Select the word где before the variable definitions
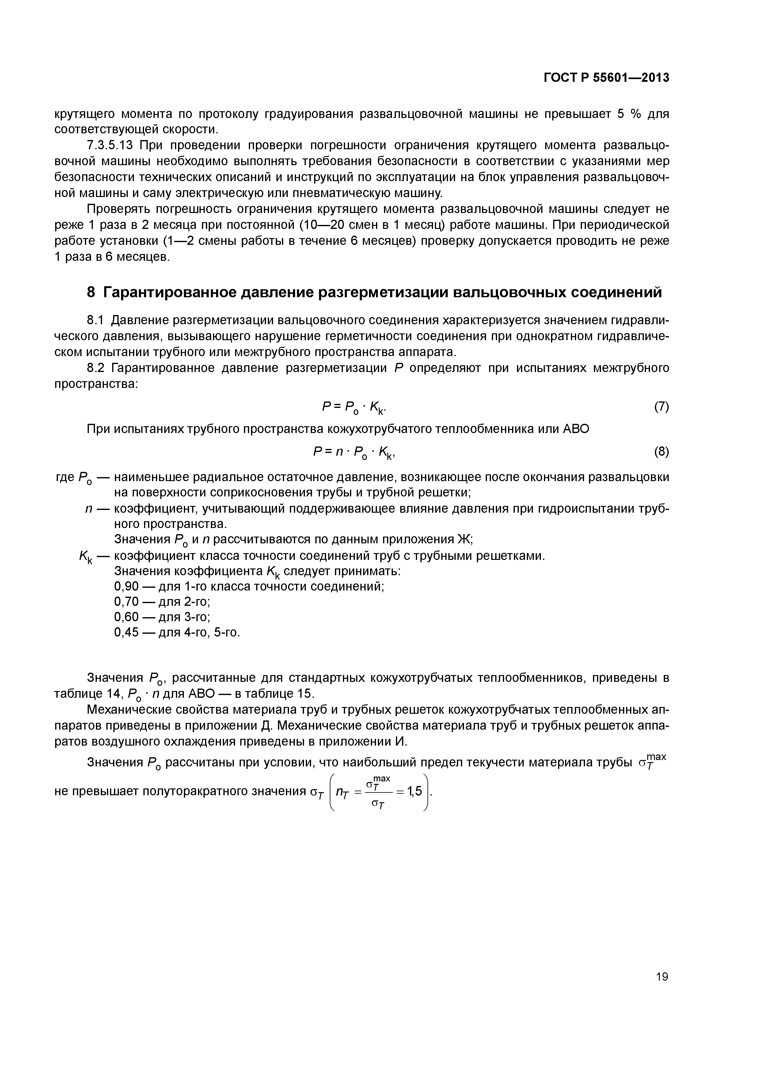65,477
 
